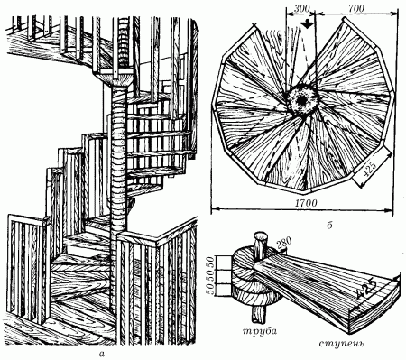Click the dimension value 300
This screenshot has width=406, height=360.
point(301,8)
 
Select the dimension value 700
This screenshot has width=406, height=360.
point(356,8)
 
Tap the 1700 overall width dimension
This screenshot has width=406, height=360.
point(306,203)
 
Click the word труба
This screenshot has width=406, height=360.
point(260,331)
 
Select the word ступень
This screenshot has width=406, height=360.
point(342,343)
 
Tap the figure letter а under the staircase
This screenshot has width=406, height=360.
point(102,354)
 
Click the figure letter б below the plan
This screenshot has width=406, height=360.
point(329,225)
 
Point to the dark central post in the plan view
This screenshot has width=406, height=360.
point(301,100)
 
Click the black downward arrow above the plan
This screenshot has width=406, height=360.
point(307,24)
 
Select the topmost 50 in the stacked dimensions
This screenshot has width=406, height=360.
point(210,263)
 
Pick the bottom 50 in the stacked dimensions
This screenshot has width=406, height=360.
point(210,290)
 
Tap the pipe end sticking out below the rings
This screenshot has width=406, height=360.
point(258,317)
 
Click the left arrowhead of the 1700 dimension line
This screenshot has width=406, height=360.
point(214,208)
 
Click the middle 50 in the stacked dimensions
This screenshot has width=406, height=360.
point(210,276)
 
